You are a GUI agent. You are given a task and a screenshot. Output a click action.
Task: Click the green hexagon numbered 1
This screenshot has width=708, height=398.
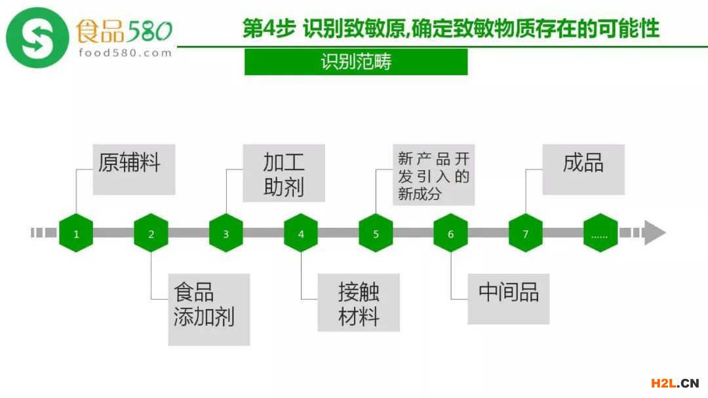[x=76, y=233]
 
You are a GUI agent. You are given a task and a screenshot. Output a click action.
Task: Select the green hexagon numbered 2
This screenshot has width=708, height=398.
[x=151, y=233]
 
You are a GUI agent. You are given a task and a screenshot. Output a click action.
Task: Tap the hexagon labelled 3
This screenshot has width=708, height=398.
[x=226, y=233]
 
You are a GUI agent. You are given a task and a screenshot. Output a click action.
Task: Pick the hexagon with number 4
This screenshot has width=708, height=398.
[x=301, y=233]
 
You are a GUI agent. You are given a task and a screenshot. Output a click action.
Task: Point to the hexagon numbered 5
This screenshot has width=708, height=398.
[x=376, y=233]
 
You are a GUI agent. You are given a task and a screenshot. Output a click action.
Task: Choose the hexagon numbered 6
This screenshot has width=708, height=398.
[x=450, y=233]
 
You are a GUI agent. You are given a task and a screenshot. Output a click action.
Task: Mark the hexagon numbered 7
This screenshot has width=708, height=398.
[x=525, y=233]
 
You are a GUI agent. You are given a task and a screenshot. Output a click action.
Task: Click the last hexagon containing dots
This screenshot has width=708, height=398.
[x=600, y=233]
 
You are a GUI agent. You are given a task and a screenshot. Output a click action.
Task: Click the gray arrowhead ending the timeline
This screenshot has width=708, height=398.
[x=654, y=233]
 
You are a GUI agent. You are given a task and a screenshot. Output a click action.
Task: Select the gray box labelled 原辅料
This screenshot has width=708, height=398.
[x=134, y=170]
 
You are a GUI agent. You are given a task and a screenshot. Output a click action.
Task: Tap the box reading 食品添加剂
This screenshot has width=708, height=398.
[x=208, y=309]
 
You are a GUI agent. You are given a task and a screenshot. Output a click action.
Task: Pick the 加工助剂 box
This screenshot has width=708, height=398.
[x=283, y=173]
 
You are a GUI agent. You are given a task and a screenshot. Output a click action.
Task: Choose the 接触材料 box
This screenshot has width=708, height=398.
[x=359, y=302]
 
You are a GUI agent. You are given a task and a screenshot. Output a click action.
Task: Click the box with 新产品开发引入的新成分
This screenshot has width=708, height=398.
[x=433, y=175]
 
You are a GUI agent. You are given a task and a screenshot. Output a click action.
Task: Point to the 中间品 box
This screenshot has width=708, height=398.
[x=508, y=298]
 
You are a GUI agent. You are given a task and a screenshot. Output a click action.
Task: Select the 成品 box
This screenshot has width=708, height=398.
[x=583, y=170]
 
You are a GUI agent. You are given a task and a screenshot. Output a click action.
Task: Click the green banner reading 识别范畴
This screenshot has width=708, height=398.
[x=356, y=62]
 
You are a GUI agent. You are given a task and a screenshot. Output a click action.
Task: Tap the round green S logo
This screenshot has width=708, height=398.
[x=37, y=37]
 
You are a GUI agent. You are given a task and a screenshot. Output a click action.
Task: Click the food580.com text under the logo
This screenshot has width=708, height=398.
[x=125, y=53]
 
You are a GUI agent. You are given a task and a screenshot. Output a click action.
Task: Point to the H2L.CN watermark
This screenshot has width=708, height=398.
[x=674, y=384]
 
